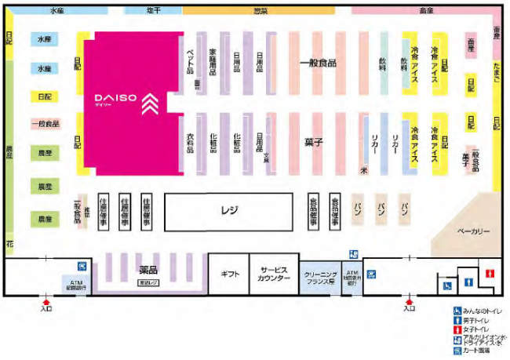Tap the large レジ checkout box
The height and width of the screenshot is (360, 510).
[229, 210]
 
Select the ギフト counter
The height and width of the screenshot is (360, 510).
[229, 273]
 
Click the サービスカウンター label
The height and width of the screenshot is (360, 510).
[274, 273]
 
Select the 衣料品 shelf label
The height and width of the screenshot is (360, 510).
[190, 144]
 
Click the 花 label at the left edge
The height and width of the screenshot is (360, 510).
[9, 244]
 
